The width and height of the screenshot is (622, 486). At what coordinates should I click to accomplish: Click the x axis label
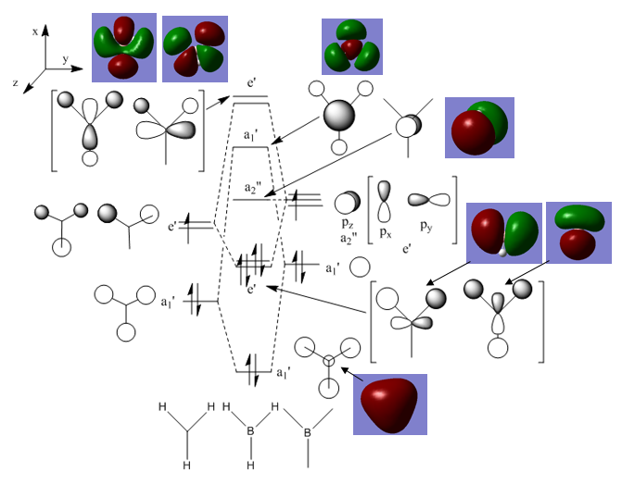pos(35,31)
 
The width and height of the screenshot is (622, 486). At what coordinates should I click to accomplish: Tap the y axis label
pos(65,57)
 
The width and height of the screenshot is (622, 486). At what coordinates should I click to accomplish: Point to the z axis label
pos(16,82)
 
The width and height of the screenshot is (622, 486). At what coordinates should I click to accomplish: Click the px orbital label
pos(386,231)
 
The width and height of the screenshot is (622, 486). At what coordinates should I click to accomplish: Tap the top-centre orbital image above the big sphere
pos(351,46)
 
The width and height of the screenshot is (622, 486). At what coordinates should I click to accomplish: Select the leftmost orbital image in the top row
pos(123,45)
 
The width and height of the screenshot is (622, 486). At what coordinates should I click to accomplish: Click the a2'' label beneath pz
pos(349,239)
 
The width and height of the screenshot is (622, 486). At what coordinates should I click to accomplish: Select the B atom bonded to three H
pos(248,430)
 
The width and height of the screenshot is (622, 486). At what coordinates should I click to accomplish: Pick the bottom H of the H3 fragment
pos(187,463)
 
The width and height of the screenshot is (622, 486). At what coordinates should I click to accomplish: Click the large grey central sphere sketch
pos(338,116)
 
